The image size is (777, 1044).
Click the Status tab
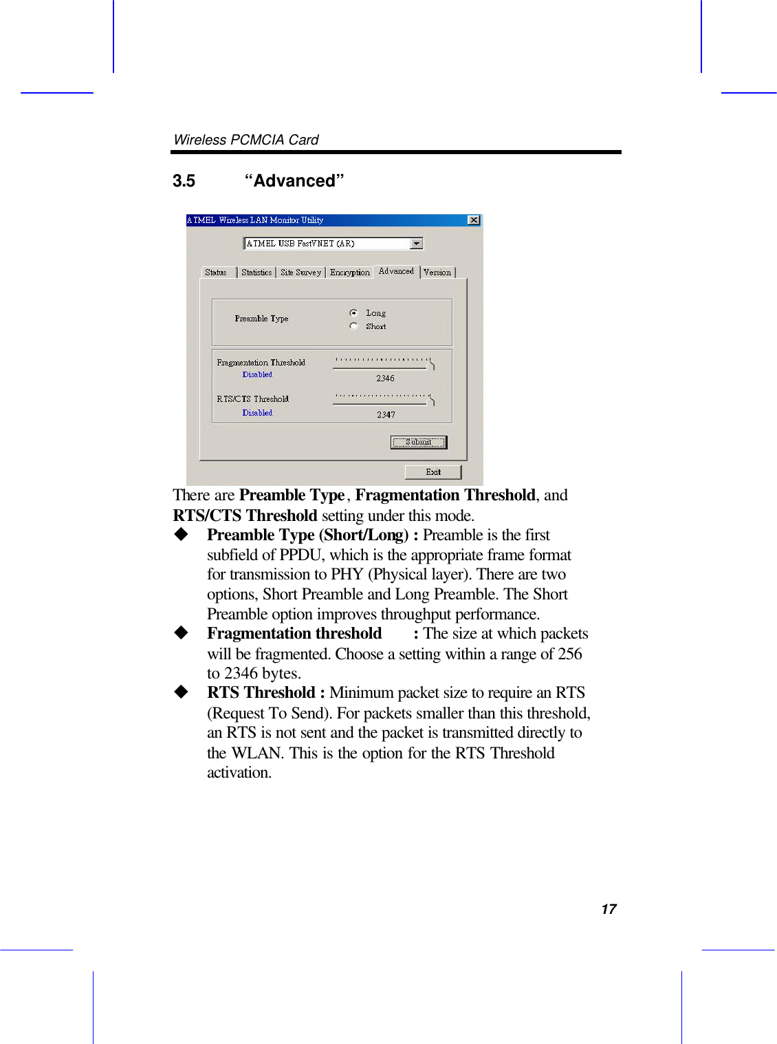click(216, 273)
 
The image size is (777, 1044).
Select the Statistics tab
click(256, 273)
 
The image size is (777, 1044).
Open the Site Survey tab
click(300, 273)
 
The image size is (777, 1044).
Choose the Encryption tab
click(349, 273)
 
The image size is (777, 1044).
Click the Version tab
click(437, 273)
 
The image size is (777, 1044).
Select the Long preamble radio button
click(353, 313)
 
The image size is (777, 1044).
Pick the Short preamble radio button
click(353, 326)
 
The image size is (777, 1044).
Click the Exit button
click(433, 472)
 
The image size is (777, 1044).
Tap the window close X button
click(474, 220)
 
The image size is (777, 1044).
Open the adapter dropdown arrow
click(416, 244)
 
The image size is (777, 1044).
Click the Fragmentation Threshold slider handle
click(431, 364)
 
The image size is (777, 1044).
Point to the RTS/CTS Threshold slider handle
click(431, 400)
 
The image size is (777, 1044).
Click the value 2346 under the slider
click(385, 379)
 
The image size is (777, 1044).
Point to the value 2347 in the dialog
click(386, 415)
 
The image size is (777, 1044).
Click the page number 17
click(609, 909)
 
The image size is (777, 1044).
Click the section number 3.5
click(184, 181)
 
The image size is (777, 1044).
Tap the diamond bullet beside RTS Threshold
click(181, 692)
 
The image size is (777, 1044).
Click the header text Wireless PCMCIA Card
click(246, 140)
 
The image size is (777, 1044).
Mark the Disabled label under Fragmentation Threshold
click(257, 375)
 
